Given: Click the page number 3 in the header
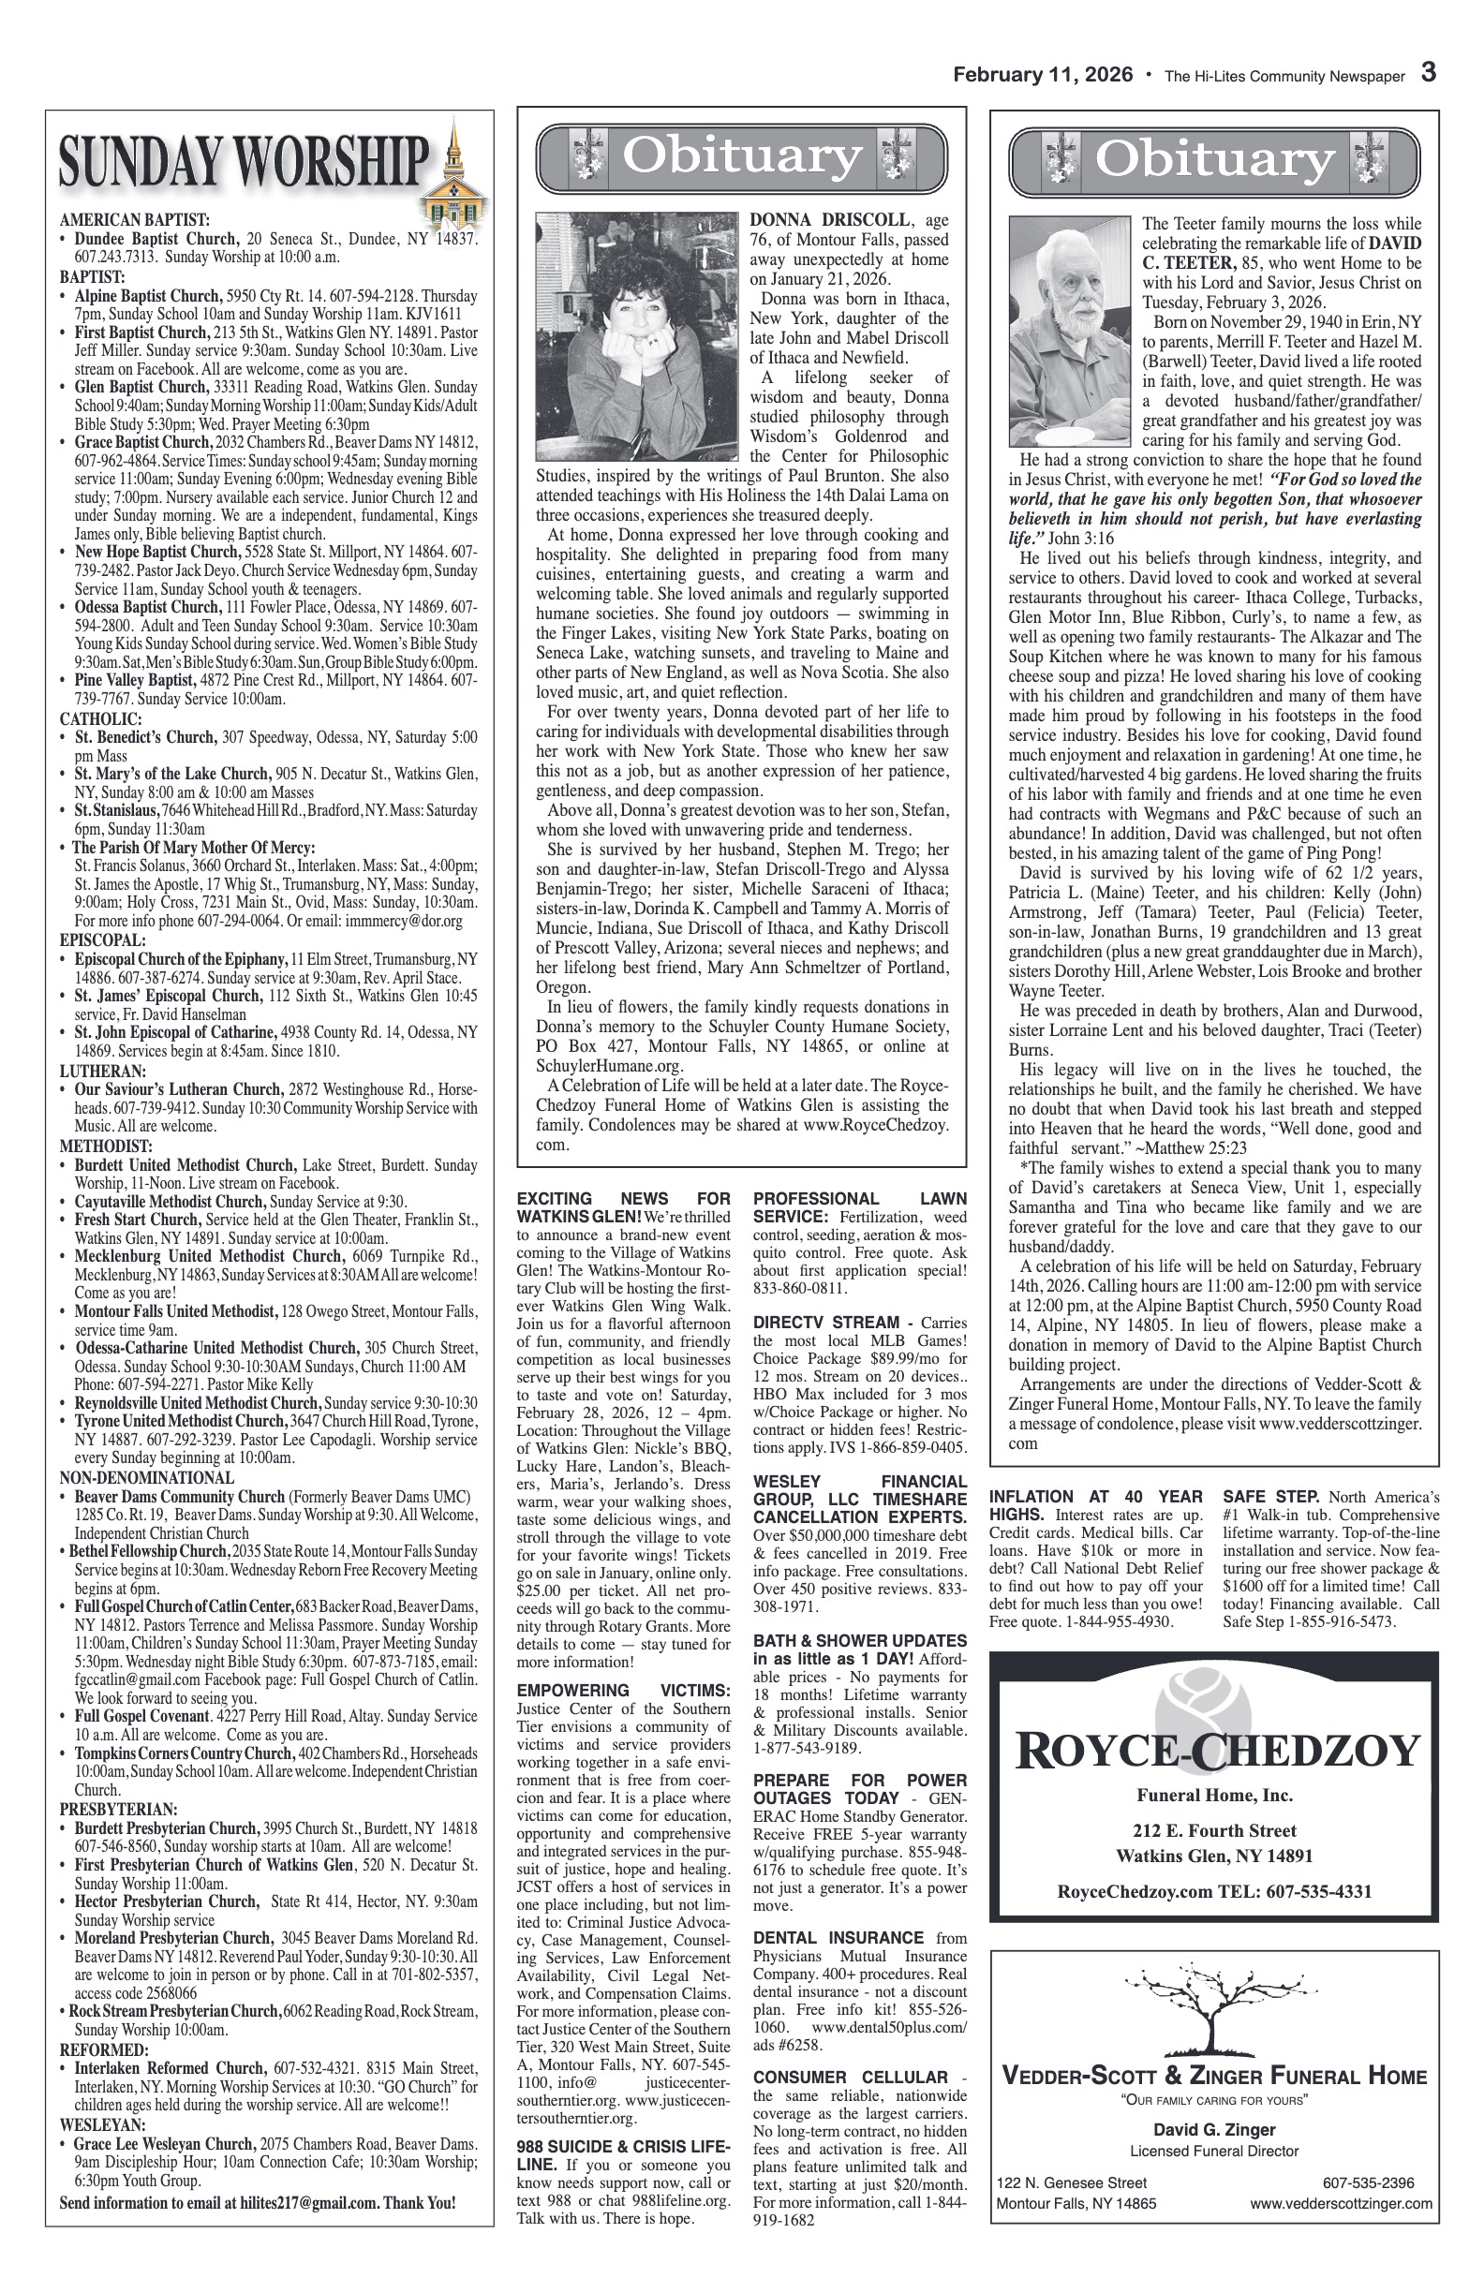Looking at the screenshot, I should point(1429,75).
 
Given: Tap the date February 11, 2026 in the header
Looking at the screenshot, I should point(1043,76).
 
